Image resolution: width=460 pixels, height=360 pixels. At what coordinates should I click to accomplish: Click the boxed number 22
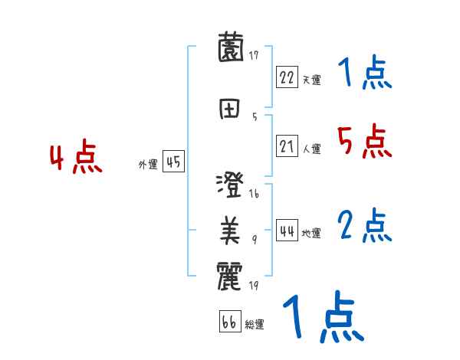point(287,77)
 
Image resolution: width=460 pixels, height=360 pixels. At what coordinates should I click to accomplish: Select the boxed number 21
point(287,146)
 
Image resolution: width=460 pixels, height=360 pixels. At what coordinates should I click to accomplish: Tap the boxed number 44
point(287,231)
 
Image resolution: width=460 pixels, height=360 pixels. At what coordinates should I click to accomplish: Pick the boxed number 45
point(173,162)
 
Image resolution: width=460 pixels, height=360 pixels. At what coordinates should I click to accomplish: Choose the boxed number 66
point(228,322)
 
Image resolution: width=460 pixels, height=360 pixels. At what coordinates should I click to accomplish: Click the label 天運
point(311,80)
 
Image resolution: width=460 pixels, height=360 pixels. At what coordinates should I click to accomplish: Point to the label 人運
point(311,149)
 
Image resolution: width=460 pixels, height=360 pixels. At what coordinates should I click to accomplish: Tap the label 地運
point(311,233)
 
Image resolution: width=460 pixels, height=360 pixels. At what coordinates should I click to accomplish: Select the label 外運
point(148,164)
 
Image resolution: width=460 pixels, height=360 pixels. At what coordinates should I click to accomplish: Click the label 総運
point(254,325)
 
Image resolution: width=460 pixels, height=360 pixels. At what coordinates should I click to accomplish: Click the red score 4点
point(75,159)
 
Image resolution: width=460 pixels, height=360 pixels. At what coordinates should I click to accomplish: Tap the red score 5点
point(363,141)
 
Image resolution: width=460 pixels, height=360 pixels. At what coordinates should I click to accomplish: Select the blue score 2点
point(364,225)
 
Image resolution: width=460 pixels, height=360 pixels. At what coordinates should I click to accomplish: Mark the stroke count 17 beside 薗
point(254,55)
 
